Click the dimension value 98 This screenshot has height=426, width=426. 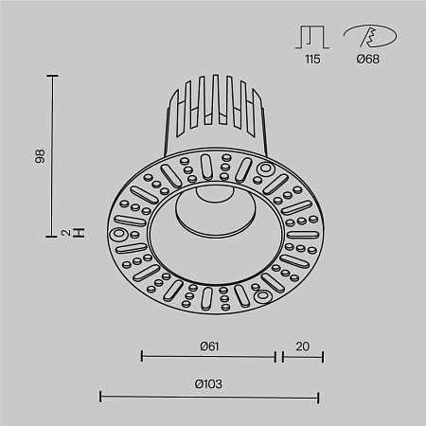click(39, 156)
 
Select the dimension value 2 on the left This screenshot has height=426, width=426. click(39, 232)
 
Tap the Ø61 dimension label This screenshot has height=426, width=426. click(209, 345)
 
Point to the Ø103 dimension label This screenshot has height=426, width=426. click(209, 383)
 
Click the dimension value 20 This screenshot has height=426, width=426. click(302, 345)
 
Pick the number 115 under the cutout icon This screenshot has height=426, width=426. click(312, 59)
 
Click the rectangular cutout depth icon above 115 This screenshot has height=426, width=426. click(312, 36)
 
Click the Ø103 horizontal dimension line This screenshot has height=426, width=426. click(209, 396)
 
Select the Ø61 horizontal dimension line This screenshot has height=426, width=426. click(209, 357)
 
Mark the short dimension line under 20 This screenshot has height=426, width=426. click(302, 357)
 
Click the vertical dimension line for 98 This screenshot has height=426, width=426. click(52, 155)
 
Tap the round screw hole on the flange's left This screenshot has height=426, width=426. click(120, 233)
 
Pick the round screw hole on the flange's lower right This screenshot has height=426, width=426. click(263, 295)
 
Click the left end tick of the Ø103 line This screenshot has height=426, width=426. click(101, 396)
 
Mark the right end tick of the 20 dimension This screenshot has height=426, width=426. click(323, 357)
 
